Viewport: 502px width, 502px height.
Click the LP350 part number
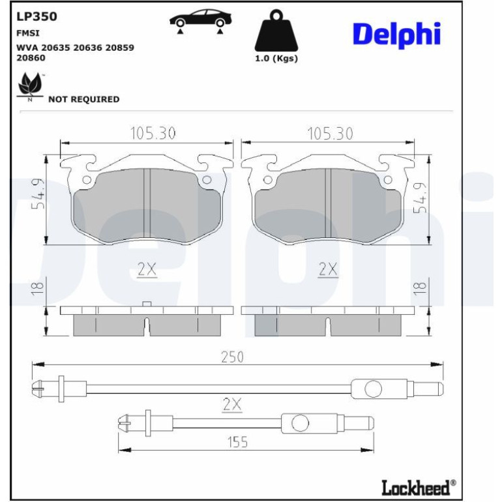point(37,17)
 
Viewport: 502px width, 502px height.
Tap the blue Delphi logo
point(397,35)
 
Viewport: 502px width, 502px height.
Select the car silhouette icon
point(200,21)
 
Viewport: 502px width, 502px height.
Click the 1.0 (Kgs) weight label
point(276,59)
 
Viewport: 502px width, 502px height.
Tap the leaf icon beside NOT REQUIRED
point(30,87)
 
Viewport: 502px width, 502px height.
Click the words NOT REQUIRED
point(84,99)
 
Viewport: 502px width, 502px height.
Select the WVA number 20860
point(31,58)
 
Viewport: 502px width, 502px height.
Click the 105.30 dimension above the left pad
point(153,133)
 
